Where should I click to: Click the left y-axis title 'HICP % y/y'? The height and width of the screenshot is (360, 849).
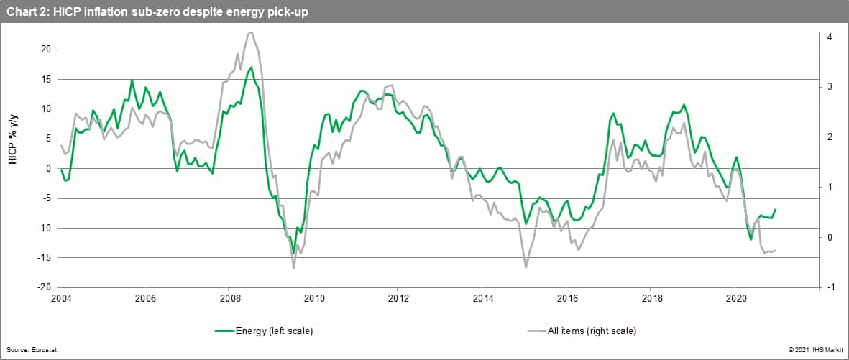tap(12, 137)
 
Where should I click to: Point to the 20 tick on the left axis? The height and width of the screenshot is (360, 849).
tap(45, 50)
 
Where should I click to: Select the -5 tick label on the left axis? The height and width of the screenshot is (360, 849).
tap(45, 198)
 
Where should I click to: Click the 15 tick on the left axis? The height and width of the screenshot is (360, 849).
tap(45, 79)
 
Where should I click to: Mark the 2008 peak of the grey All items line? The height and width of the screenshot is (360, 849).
tap(250, 32)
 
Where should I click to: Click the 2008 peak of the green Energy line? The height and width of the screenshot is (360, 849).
tap(251, 68)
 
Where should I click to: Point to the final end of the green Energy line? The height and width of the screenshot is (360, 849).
tap(776, 209)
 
